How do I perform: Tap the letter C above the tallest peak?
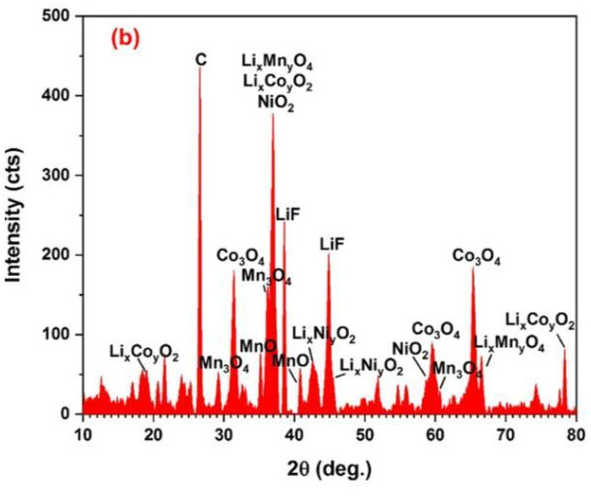(x=200, y=60)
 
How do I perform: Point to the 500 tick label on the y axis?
(x=61, y=16)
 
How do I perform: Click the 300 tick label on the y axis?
(x=61, y=176)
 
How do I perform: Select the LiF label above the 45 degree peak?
(x=332, y=244)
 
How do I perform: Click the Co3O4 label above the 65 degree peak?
(x=476, y=256)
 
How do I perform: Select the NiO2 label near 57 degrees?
(x=410, y=348)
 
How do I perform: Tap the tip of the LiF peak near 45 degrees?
(x=329, y=255)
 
